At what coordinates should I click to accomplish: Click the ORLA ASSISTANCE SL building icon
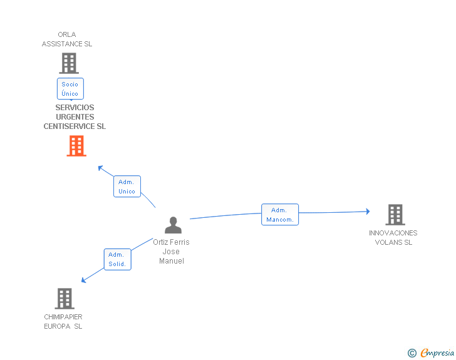68,63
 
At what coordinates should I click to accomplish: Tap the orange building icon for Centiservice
76,145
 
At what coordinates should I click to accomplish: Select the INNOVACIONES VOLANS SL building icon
395,215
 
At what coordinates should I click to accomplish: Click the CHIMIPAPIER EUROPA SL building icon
65,299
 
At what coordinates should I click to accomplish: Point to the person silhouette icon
173,225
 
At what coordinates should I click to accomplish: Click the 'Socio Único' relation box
70,89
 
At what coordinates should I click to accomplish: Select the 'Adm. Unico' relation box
127,187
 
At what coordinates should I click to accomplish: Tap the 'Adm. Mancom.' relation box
280,215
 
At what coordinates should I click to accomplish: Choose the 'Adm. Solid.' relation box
117,259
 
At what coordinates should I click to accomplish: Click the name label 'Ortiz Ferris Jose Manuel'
171,251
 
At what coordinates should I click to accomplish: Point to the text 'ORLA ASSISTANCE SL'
67,39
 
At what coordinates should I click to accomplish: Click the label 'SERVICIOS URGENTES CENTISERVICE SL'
75,117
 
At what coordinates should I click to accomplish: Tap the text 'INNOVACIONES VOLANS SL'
393,237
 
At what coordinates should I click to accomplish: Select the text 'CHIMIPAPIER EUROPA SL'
63,321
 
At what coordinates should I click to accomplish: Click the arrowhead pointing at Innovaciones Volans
368,212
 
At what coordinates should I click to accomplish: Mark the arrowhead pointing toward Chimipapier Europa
84,280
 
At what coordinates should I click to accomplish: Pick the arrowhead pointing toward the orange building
100,167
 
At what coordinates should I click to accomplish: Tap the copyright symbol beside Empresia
412,353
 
